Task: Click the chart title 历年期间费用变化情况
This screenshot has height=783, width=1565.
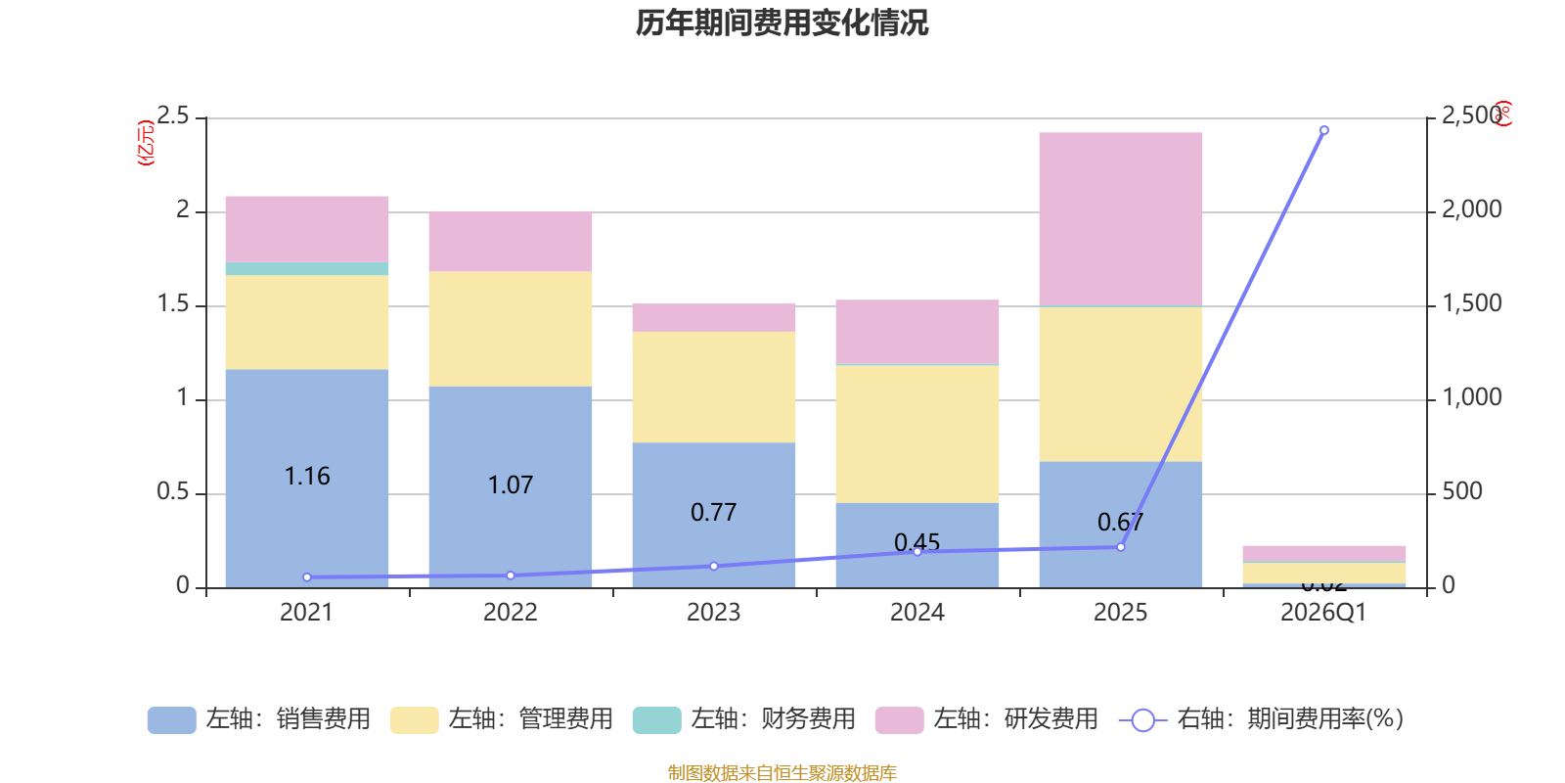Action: [782, 23]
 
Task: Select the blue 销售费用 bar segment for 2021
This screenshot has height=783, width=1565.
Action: [306, 431]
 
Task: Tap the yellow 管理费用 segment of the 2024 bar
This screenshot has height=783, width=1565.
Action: [917, 434]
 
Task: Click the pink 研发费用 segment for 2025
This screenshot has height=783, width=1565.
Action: [1120, 218]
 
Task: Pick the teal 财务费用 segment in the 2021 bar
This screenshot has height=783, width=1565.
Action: [306, 268]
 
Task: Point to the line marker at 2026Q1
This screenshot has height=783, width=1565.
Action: [1323, 130]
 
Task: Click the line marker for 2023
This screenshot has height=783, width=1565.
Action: [713, 566]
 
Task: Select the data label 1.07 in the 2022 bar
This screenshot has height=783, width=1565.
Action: [510, 484]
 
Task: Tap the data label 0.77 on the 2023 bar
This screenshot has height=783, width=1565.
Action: [713, 512]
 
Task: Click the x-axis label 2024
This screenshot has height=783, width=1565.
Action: [917, 613]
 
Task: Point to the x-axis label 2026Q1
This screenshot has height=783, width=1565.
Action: [1323, 613]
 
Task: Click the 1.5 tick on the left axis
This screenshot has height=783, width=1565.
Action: [173, 304]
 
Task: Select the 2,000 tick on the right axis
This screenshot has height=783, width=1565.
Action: [1471, 209]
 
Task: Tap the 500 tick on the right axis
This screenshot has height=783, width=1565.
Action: [1461, 491]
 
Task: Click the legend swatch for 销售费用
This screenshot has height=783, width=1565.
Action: [171, 719]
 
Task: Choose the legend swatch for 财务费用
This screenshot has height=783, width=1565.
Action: [656, 719]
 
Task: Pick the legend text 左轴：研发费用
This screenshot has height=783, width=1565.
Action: [1015, 719]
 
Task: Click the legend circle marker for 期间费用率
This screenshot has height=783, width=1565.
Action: [1142, 720]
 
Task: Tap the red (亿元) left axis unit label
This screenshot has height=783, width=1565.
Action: [146, 143]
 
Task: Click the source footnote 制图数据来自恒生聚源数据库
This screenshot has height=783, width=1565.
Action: [782, 773]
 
